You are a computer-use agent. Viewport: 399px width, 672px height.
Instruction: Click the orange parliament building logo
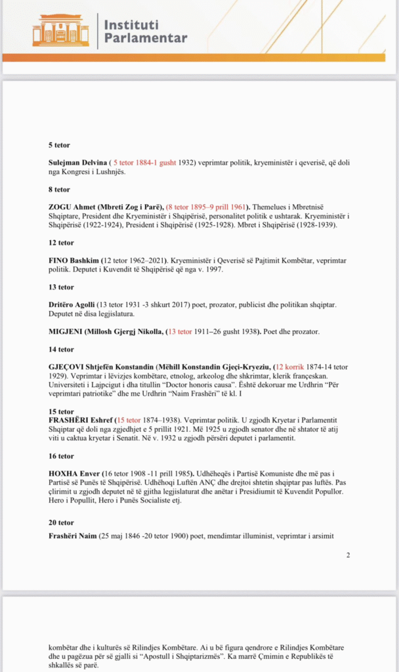pyautogui.click(x=60, y=30)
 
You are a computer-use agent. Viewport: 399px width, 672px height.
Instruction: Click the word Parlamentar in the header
pyautogui.click(x=145, y=38)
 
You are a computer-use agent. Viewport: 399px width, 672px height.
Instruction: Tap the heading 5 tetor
pyautogui.click(x=59, y=144)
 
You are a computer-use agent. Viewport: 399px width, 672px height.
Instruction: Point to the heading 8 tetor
pyautogui.click(x=59, y=189)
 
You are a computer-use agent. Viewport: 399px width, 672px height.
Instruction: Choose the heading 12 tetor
pyautogui.click(x=61, y=243)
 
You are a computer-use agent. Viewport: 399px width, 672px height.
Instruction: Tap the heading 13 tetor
pyautogui.click(x=61, y=287)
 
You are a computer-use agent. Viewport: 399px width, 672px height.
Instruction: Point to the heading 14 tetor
pyautogui.click(x=61, y=350)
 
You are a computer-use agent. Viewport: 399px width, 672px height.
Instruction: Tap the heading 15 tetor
pyautogui.click(x=61, y=411)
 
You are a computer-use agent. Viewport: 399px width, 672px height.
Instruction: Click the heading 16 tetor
pyautogui.click(x=61, y=456)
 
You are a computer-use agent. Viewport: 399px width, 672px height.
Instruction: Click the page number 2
pyautogui.click(x=348, y=555)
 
